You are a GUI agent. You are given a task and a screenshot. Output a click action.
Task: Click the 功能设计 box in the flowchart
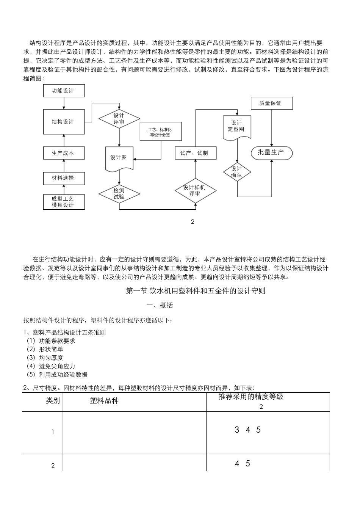point(64,91)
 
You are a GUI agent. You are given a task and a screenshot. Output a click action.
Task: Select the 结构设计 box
point(64,122)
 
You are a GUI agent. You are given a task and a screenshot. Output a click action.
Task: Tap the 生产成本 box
point(64,153)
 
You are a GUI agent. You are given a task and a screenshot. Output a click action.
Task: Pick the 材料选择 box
point(64,178)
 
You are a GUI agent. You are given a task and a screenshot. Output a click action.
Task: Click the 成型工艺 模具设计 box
point(64,202)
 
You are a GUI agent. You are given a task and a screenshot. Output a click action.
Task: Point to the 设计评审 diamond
point(119,119)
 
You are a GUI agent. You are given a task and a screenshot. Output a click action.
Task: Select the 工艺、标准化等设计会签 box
point(161,132)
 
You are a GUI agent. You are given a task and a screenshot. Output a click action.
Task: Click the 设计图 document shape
point(119,158)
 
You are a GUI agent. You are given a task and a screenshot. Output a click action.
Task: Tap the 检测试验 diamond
point(119,194)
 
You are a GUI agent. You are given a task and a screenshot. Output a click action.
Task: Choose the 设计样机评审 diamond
point(195,191)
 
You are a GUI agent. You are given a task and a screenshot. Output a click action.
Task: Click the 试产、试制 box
point(196,153)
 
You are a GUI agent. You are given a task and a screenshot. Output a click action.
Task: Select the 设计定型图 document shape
point(236,126)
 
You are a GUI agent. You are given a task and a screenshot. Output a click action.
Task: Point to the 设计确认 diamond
point(237,172)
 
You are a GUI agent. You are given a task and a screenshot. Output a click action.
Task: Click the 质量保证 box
point(271,103)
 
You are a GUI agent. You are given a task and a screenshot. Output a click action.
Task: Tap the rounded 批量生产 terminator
point(271,152)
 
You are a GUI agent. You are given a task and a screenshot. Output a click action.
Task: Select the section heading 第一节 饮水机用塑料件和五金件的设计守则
point(195,291)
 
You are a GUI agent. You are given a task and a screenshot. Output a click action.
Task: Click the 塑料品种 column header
point(105,401)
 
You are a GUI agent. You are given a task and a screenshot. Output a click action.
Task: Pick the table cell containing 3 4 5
point(268,432)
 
